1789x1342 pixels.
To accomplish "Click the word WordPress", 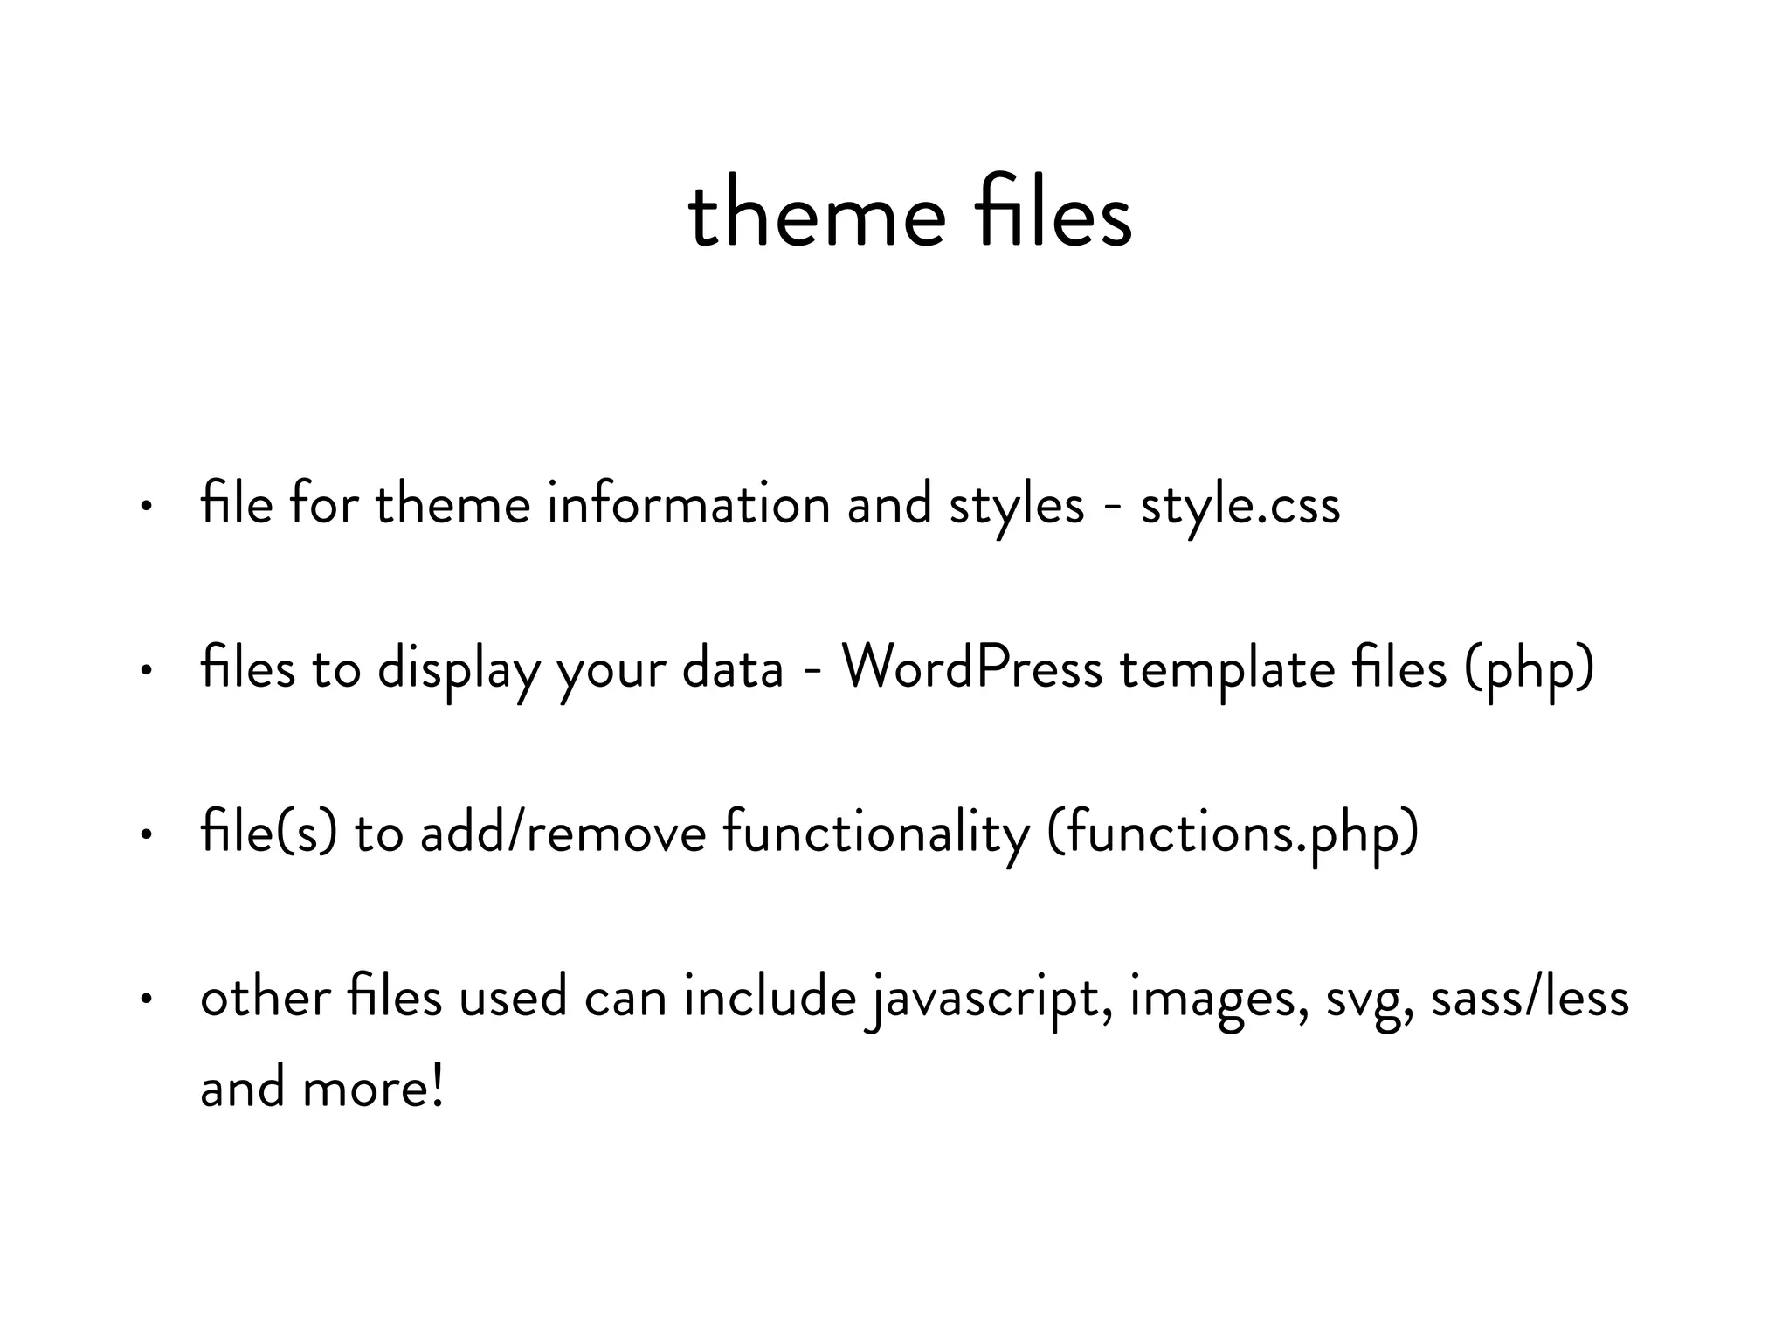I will pos(971,669).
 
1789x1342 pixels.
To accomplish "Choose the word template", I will pos(1227,669).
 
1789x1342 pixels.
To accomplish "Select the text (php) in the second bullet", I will pos(1530,669).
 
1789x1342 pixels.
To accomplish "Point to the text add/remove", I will pos(563,834).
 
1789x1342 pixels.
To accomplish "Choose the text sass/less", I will pos(1530,999).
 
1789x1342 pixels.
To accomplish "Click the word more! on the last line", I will pos(373,1089).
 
